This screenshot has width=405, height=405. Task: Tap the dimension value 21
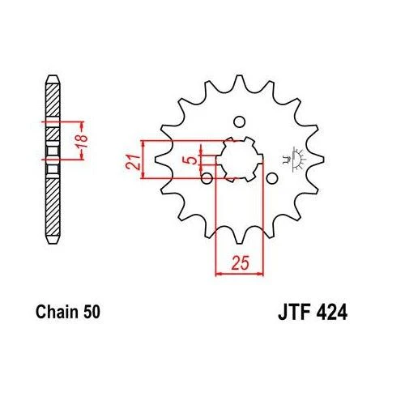point(133,162)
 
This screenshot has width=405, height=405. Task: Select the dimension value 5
point(191,160)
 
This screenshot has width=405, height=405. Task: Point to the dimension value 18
point(82,141)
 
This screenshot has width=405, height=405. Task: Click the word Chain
point(57,312)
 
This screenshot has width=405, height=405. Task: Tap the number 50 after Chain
point(92,312)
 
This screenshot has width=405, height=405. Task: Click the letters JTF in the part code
point(294,313)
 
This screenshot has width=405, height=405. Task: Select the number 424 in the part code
point(331,313)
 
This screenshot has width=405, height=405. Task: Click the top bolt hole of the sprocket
point(239,122)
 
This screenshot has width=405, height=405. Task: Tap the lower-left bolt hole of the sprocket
point(207,178)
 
